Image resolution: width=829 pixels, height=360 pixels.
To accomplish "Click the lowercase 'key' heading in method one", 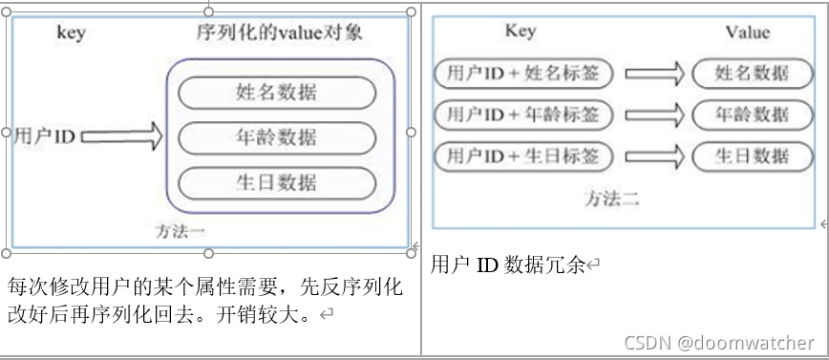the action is pyautogui.click(x=71, y=33).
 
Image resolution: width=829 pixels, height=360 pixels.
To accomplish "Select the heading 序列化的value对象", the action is pyautogui.click(x=279, y=33).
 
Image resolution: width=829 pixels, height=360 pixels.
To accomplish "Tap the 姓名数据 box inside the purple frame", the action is pyautogui.click(x=276, y=93).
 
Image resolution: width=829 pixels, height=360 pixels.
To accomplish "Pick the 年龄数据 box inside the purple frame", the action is pyautogui.click(x=276, y=138).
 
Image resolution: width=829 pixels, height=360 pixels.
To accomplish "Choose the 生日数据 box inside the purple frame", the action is pyautogui.click(x=276, y=182).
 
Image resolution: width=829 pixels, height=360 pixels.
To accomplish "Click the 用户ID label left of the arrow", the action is pyautogui.click(x=44, y=137).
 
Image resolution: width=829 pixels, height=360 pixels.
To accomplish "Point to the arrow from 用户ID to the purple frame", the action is pyautogui.click(x=122, y=137).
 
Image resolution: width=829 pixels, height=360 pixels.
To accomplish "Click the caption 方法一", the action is pyautogui.click(x=180, y=231).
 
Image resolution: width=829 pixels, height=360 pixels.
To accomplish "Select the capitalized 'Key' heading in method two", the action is pyautogui.click(x=520, y=32).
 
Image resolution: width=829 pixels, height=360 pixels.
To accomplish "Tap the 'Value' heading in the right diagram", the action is pyautogui.click(x=747, y=32).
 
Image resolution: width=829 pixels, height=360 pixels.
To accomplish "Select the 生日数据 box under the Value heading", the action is pyautogui.click(x=753, y=156).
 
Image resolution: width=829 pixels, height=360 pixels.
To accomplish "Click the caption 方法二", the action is pyautogui.click(x=611, y=199).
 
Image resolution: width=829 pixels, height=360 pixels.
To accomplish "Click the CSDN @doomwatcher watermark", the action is pyautogui.click(x=719, y=342).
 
